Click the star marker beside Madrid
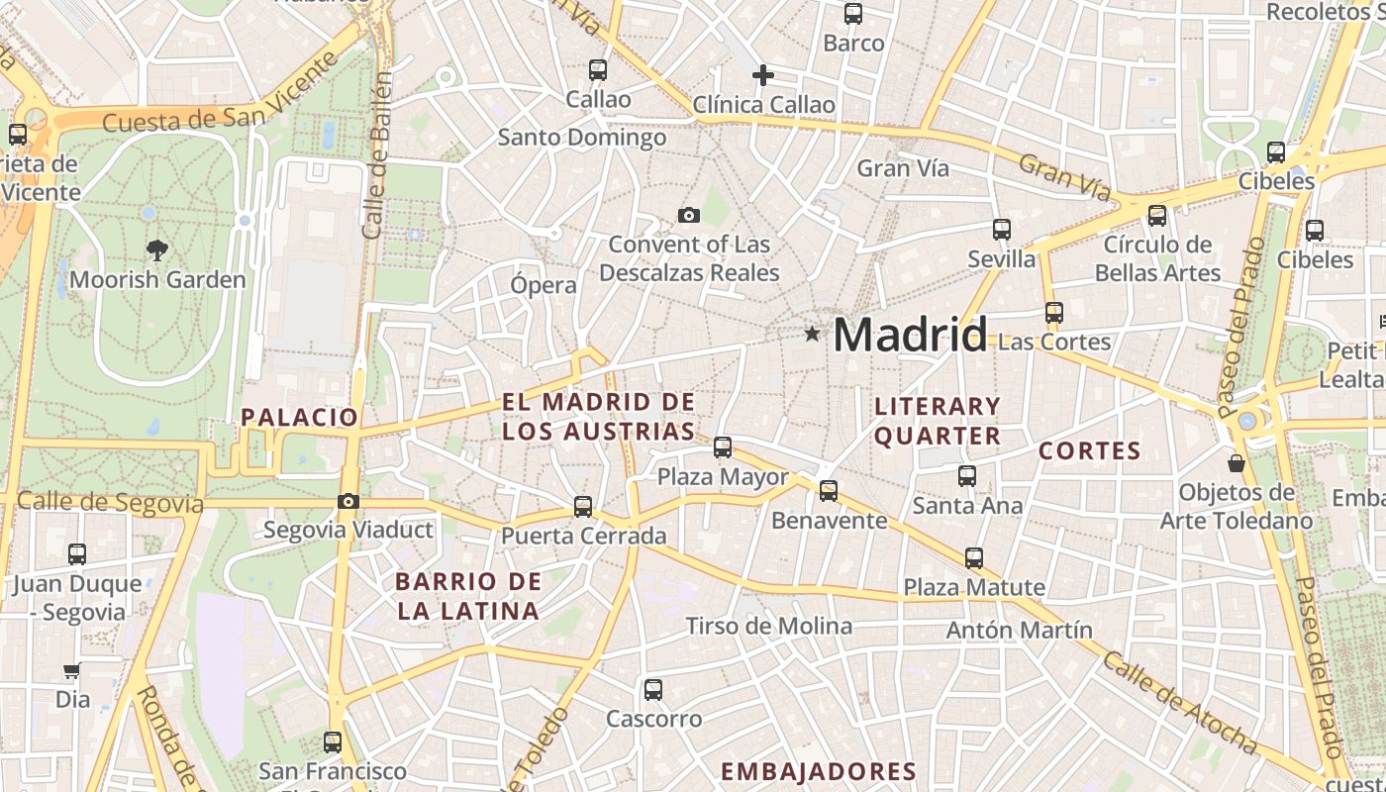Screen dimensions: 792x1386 coord(813,335)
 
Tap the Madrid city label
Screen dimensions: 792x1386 coord(910,335)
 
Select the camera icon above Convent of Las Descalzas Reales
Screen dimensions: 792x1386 coord(689,215)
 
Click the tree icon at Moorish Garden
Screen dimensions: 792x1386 coord(156,249)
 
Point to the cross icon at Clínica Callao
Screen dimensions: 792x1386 coord(763,75)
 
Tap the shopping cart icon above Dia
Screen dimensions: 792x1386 coord(71,671)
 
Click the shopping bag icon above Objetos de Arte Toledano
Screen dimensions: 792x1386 coord(1237,462)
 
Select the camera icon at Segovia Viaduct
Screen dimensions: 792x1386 coord(347,502)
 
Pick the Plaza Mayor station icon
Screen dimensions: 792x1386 coord(723,447)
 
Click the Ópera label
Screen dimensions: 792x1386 coord(543,285)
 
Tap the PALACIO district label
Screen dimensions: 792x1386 coord(299,417)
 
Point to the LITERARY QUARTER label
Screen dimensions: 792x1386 coord(938,421)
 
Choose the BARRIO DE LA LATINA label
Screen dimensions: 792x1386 coord(468,596)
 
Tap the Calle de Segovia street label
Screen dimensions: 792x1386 coord(110,503)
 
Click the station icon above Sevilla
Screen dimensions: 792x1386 coord(1002,230)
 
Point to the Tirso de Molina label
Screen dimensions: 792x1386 coord(769,626)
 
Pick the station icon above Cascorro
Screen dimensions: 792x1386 coord(653,689)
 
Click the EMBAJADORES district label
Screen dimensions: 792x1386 coord(818,772)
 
